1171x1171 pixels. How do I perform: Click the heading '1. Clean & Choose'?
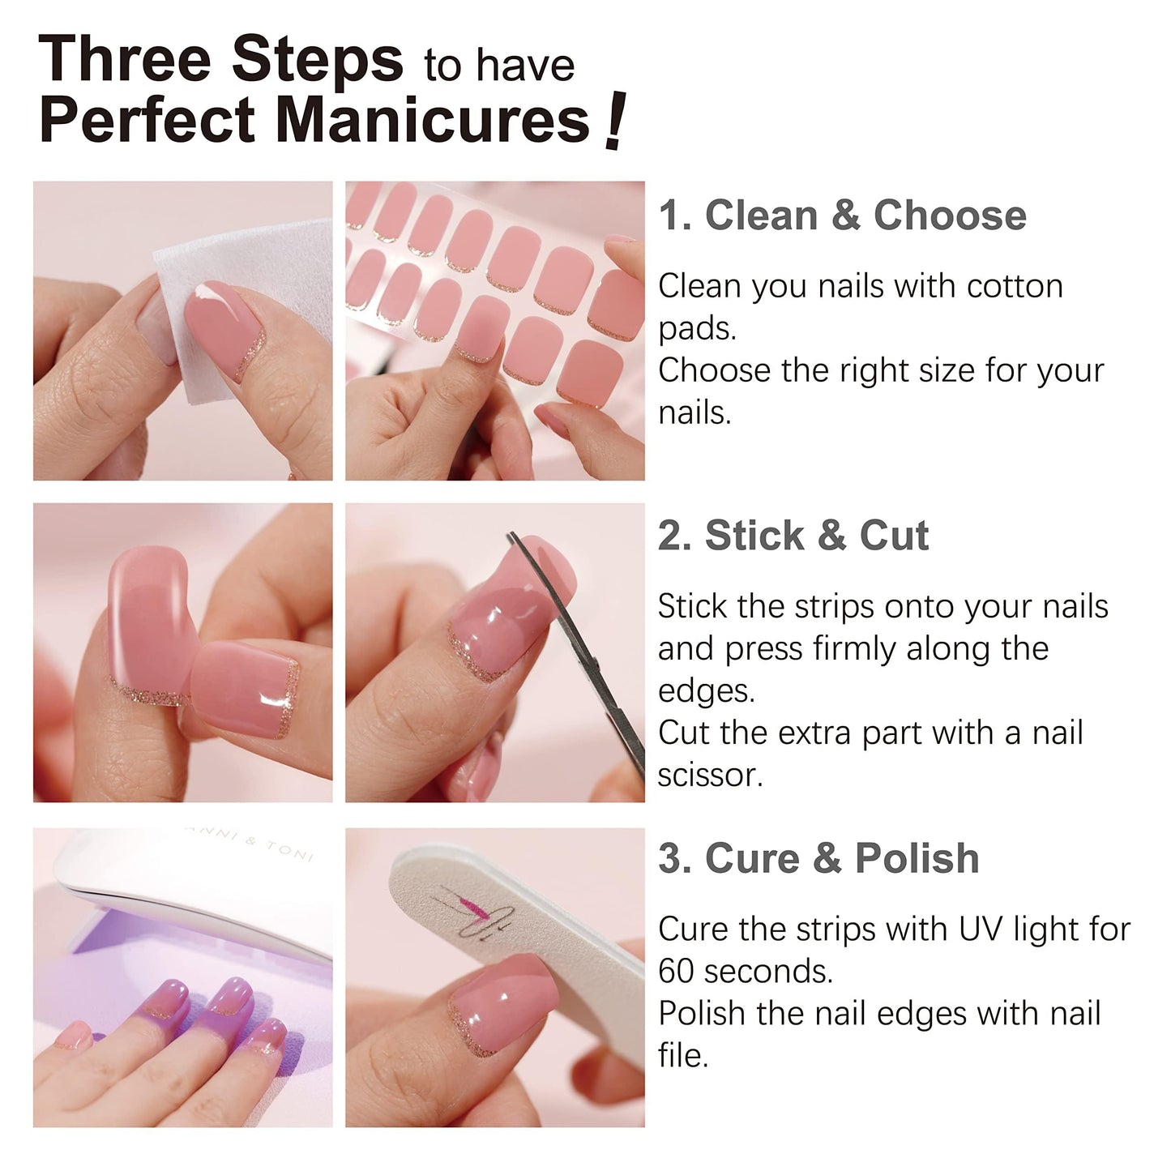(x=842, y=216)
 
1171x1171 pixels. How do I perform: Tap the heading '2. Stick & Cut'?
(x=793, y=536)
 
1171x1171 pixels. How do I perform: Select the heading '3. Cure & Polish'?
(x=818, y=858)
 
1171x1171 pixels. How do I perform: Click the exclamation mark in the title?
(x=615, y=122)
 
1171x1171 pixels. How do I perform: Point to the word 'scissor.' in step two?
(x=710, y=776)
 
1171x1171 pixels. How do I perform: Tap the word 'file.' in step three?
(x=683, y=1056)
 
